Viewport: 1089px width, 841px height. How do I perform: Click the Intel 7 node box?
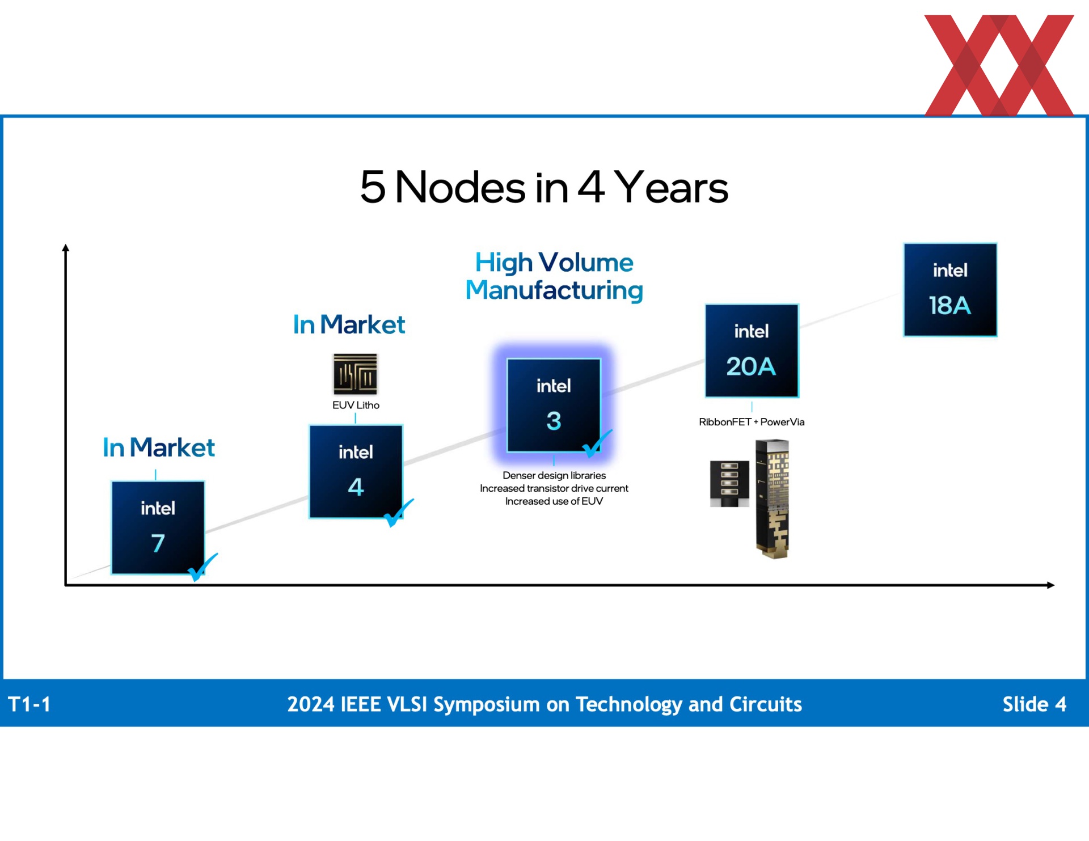(x=158, y=527)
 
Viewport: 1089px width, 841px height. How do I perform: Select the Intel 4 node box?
(x=356, y=471)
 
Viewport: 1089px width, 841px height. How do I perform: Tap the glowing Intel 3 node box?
(x=554, y=405)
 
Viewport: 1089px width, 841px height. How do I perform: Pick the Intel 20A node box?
(x=752, y=350)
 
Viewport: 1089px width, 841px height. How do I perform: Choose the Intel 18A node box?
(x=950, y=290)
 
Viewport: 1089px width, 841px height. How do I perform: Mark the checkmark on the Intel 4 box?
(x=399, y=512)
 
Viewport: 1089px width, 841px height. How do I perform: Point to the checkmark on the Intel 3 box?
(x=597, y=443)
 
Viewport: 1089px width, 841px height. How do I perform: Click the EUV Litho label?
(x=356, y=405)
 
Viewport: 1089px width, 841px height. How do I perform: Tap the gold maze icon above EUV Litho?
(x=355, y=374)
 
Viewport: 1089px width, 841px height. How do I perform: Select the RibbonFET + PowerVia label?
(x=752, y=422)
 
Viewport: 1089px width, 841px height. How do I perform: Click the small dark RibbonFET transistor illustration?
(x=729, y=484)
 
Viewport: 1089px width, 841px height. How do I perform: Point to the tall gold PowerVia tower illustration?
(x=773, y=499)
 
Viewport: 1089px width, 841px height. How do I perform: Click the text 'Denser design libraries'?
(x=554, y=475)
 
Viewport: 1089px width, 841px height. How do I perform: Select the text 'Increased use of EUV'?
(x=554, y=501)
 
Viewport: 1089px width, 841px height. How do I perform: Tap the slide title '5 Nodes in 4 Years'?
(x=544, y=187)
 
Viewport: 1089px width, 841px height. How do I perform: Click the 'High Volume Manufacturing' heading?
(x=554, y=276)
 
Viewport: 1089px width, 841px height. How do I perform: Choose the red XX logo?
(x=999, y=65)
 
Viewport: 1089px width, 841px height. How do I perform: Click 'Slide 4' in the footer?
(x=1035, y=704)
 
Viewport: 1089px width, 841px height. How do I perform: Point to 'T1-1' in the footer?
(x=29, y=704)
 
